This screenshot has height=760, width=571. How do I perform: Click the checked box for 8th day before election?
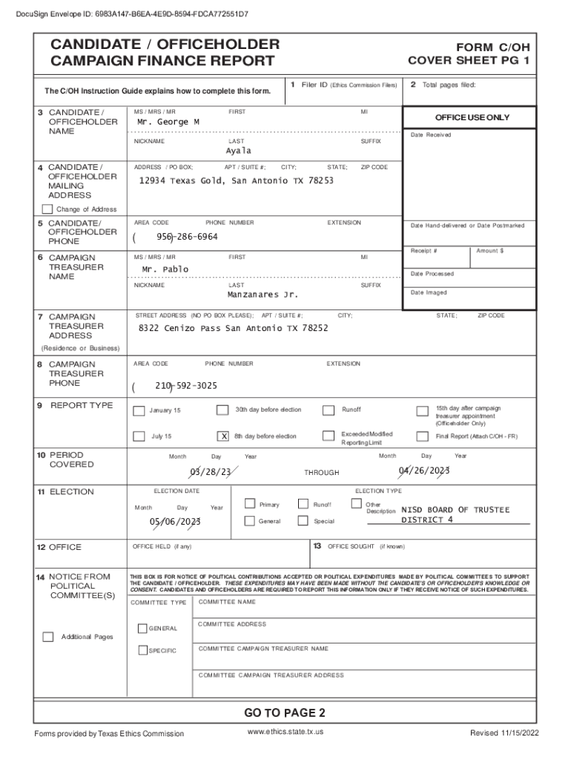222,436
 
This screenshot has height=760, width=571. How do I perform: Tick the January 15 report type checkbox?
139,411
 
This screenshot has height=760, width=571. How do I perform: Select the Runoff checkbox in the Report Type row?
329,410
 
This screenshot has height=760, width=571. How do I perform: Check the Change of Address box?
48,209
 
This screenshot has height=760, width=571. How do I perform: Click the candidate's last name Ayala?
239,151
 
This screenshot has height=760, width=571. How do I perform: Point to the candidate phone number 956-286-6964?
187,237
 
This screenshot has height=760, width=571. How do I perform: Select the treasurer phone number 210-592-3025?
186,386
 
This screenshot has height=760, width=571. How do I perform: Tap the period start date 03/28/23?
211,472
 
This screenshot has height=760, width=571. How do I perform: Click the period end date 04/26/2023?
424,471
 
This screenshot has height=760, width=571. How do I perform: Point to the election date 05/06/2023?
175,522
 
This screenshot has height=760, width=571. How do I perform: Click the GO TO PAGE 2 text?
285,713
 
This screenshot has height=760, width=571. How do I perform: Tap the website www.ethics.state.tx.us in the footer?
285,733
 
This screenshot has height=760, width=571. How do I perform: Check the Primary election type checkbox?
249,504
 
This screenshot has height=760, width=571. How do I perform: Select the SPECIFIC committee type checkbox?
143,651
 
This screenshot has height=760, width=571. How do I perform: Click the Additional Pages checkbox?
48,637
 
